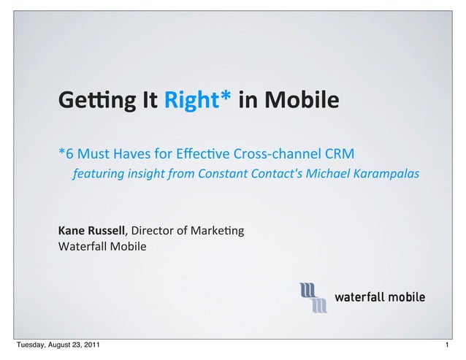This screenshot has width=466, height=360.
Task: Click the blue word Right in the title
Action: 191,100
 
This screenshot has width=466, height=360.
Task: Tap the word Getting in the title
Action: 97,100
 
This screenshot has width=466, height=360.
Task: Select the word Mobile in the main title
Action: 302,99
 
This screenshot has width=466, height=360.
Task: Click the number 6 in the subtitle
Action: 69,154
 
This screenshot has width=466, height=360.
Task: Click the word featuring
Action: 99,174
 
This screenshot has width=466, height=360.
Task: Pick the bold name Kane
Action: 71,231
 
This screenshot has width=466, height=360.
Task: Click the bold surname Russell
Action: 106,231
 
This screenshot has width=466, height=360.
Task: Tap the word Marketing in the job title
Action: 217,231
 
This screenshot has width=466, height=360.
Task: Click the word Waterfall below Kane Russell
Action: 83,247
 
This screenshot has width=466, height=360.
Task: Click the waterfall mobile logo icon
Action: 313,298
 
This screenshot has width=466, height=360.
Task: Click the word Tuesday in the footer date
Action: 31,345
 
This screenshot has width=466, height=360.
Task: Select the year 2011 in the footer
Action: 91,345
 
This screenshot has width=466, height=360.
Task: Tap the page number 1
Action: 447,345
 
